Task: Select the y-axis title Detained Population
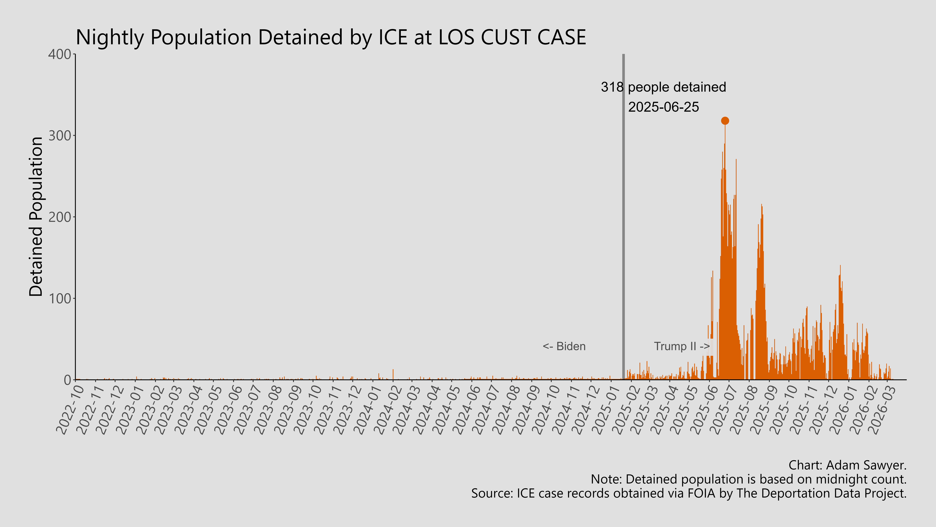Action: [36, 217]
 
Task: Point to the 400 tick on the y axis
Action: [60, 55]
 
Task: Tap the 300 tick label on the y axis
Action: [60, 136]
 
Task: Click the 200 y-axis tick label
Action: [60, 217]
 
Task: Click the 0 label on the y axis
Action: [67, 380]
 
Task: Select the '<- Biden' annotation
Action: [564, 346]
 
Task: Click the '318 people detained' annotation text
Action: [663, 87]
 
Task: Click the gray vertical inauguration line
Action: [624, 218]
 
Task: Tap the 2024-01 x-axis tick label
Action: [367, 410]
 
